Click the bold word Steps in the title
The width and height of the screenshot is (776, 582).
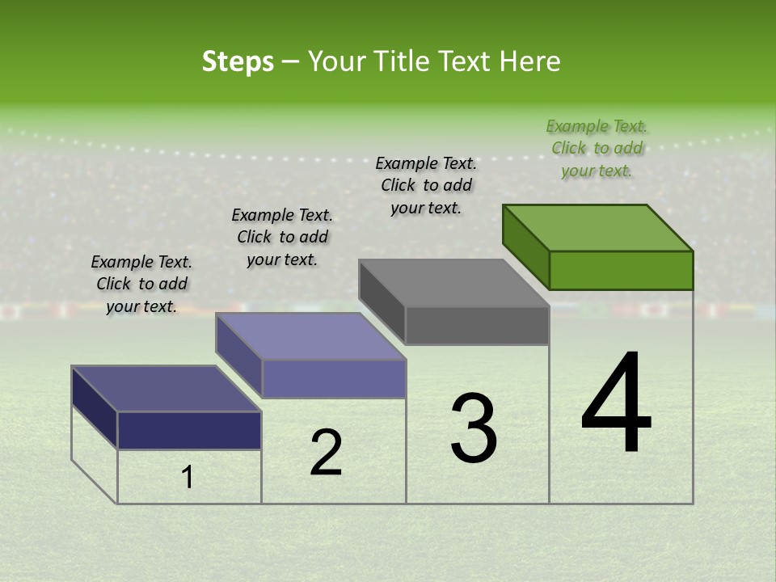click(238, 61)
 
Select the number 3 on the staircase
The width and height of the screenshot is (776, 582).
click(474, 429)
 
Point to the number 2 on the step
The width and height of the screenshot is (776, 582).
click(326, 453)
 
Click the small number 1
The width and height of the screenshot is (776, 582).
click(188, 478)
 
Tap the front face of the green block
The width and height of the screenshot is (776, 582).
click(621, 271)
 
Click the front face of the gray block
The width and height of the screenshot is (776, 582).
click(477, 326)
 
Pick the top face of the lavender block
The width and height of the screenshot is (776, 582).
click(310, 336)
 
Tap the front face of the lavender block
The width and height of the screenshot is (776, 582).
click(333, 378)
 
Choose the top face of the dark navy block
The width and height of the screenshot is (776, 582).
click(167, 389)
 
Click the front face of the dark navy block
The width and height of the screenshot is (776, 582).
click(189, 430)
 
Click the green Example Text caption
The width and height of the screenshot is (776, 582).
click(597, 148)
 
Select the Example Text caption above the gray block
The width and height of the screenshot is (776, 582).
click(426, 185)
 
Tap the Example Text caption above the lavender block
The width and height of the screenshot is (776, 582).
click(282, 237)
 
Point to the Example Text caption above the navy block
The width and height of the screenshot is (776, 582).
click(141, 284)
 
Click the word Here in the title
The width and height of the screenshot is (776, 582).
click(533, 61)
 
